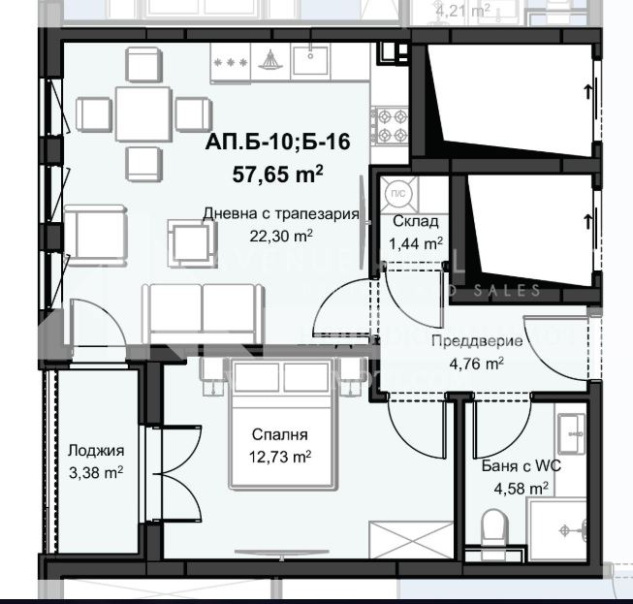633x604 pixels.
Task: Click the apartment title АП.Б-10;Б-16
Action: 276,143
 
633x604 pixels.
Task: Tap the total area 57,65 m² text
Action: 276,175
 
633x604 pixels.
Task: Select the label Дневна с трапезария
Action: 281,214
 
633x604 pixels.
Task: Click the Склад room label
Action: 415,221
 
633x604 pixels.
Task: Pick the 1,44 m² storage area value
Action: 416,243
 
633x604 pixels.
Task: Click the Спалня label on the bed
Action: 280,435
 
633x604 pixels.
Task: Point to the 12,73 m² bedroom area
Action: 280,457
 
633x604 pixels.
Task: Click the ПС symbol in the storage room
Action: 396,192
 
